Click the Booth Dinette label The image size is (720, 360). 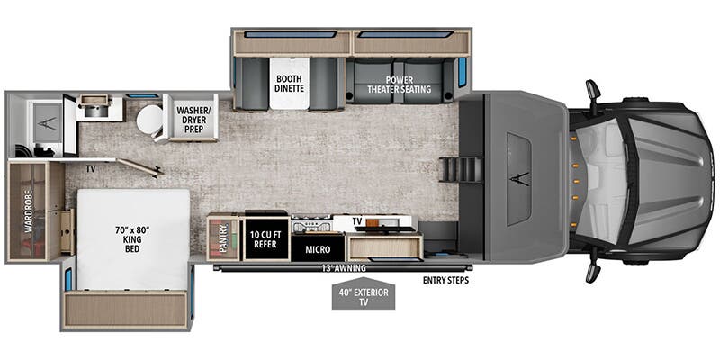293,83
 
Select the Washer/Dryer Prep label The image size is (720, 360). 196,121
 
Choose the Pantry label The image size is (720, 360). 223,239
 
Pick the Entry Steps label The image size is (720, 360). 445,280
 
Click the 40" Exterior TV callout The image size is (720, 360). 363,297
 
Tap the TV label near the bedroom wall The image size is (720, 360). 91,167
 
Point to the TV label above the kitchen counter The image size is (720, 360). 356,220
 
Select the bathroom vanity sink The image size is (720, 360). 93,106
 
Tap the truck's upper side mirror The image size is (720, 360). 593,91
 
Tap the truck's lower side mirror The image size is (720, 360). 593,270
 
